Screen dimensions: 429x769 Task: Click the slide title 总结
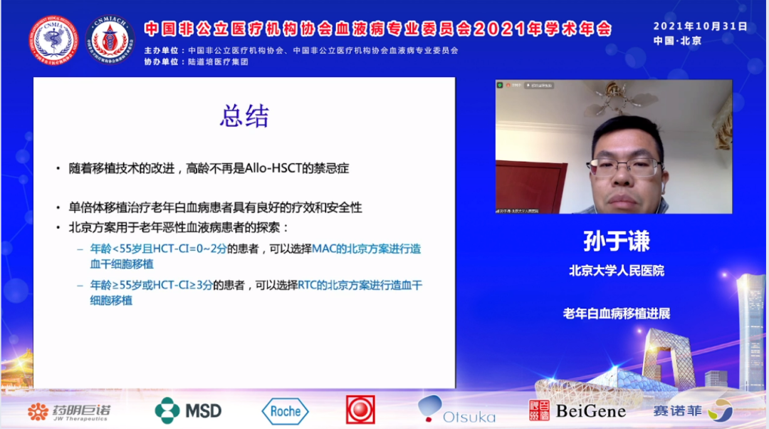coord(244,117)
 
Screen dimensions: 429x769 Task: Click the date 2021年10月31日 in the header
coord(700,26)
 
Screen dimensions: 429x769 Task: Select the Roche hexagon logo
coord(285,411)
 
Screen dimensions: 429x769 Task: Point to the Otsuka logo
coord(456,410)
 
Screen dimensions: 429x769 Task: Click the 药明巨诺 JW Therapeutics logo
coord(69,411)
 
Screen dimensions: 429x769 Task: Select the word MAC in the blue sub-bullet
coord(324,249)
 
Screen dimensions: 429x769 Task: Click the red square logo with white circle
coord(360,410)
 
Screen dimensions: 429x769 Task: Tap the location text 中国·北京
coord(677,41)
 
